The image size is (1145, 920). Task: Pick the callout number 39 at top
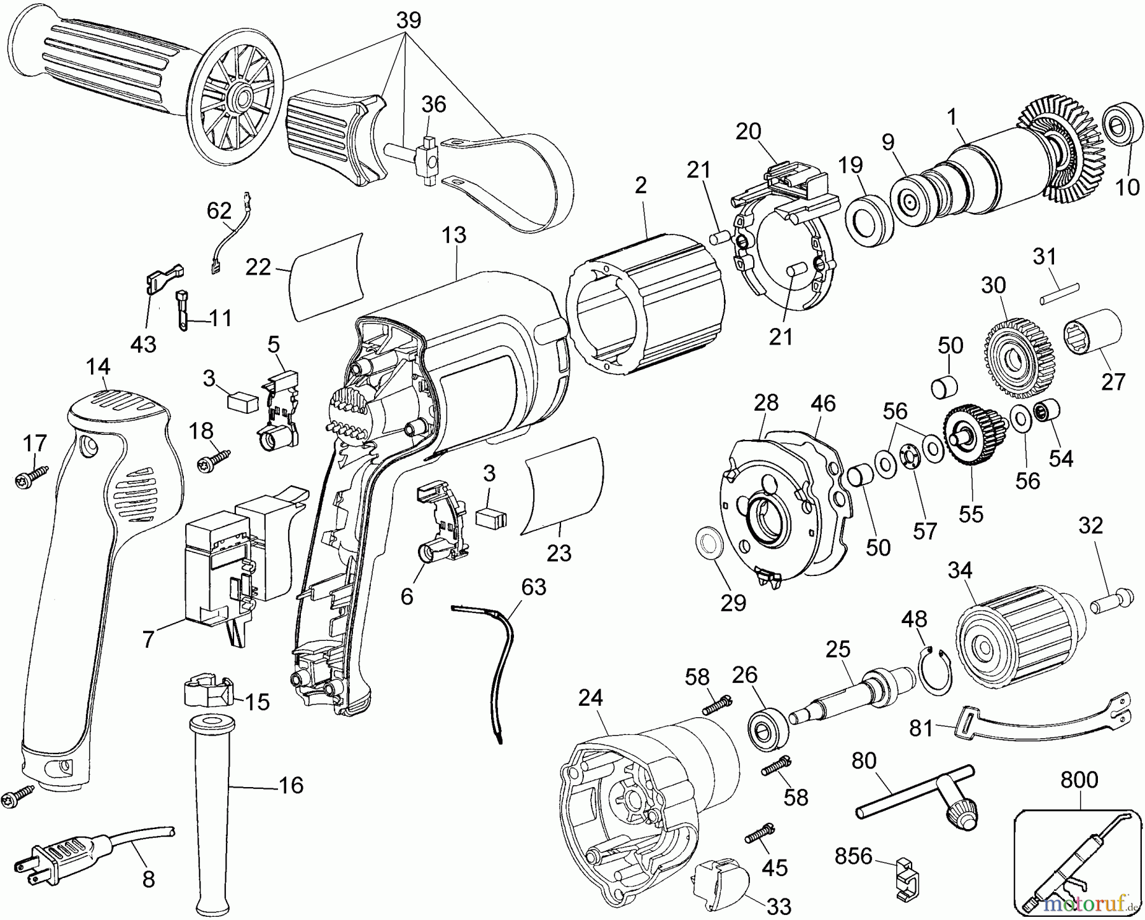tap(409, 21)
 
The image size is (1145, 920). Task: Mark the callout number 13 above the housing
tap(454, 235)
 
